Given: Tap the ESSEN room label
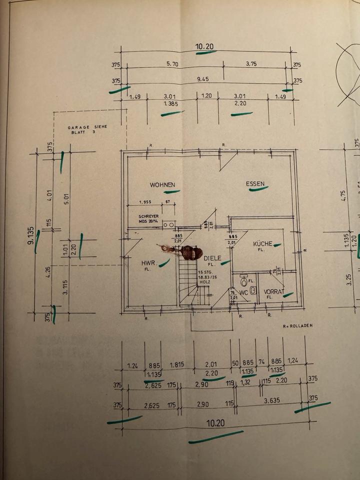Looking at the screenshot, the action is (x=255, y=183).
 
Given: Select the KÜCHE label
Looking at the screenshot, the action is (x=262, y=243).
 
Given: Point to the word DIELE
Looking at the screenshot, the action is (x=212, y=258).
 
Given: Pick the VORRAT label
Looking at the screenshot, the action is (x=273, y=291).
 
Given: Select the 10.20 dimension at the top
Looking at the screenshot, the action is (x=204, y=47).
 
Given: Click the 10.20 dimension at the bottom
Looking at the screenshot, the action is (x=215, y=423).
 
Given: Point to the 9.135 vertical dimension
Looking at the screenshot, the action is (x=31, y=235).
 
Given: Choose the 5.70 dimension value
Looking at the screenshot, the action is (x=171, y=64).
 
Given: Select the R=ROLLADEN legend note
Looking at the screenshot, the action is (x=297, y=325).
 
